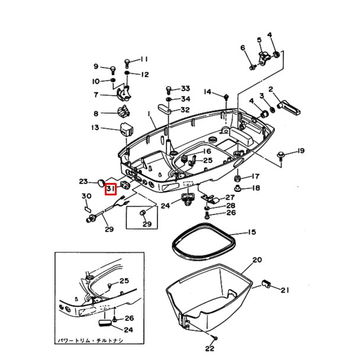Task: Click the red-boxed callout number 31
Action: pos(111,189)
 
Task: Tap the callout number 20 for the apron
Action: pos(256,260)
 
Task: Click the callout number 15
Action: pos(252,232)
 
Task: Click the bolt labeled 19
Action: pos(282,155)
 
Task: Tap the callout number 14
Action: pos(207,92)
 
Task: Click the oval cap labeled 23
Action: pos(101,181)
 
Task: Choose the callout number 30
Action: pos(86,196)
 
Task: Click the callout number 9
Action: pos(96,66)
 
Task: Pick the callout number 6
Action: pos(243,47)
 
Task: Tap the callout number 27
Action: pos(230,197)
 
